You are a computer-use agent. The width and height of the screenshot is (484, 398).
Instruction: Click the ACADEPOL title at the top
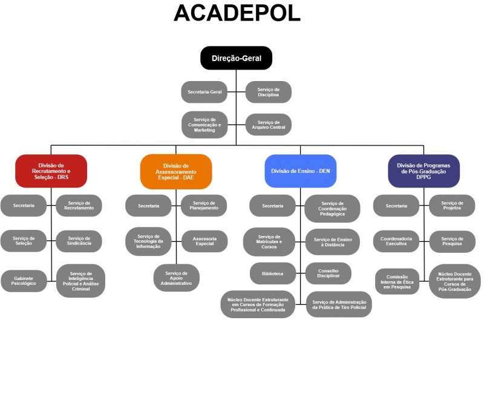[x=237, y=13]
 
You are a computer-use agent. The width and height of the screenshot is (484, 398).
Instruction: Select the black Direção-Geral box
[x=236, y=58]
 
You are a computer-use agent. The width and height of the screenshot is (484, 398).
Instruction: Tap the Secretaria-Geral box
[x=204, y=92]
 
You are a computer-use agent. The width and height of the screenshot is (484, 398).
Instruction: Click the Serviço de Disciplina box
[x=268, y=92]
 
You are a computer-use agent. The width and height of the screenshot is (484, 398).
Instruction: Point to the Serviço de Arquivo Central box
[x=268, y=125]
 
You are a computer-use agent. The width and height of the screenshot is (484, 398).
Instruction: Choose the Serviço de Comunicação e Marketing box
[x=204, y=125]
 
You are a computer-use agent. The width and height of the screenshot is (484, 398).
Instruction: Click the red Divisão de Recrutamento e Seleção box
[x=51, y=171]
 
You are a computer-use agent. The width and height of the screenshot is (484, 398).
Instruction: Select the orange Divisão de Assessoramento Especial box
[x=176, y=171]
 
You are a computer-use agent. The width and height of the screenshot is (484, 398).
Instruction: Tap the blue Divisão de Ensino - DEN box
[x=301, y=171]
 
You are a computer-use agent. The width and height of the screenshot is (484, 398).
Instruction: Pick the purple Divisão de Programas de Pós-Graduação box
[x=423, y=171]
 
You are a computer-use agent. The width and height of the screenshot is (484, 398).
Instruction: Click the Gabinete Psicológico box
[x=24, y=281]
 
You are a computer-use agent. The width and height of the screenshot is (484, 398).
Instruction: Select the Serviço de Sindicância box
[x=79, y=241]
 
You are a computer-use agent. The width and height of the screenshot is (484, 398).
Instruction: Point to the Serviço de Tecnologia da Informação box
[x=148, y=241]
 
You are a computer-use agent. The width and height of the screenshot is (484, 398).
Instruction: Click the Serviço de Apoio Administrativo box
[x=176, y=278]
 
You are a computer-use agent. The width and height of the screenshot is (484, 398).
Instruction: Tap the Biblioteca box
[x=272, y=273]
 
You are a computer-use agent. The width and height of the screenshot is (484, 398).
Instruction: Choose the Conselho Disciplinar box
[x=328, y=273]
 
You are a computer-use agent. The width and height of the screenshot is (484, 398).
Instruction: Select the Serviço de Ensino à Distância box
[x=332, y=241]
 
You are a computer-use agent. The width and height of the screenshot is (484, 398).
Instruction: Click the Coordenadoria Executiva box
[x=396, y=241]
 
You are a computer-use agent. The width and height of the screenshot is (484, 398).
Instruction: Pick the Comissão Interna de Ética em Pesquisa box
[x=397, y=281]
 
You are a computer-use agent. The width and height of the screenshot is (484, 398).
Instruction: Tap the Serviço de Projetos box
[x=452, y=206]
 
